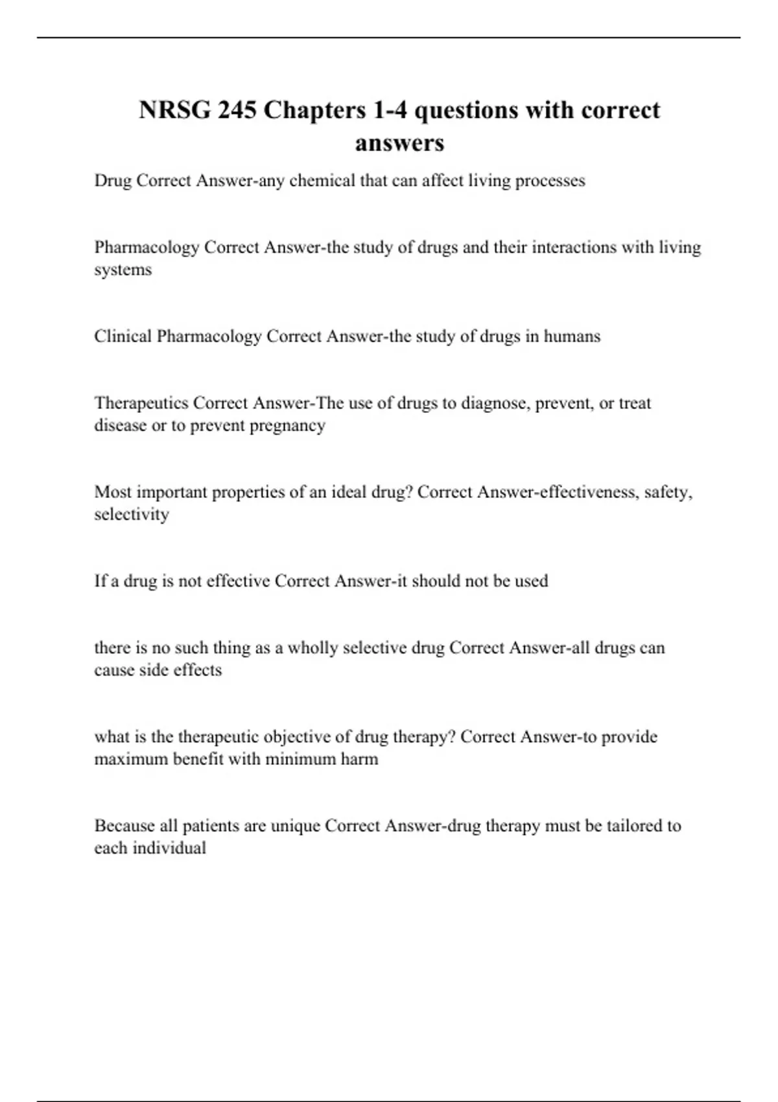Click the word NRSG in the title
174,110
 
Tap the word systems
123,270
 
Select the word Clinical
123,336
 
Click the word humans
572,336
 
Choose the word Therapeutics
141,403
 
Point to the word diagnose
495,404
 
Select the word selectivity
132,515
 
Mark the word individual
169,848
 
